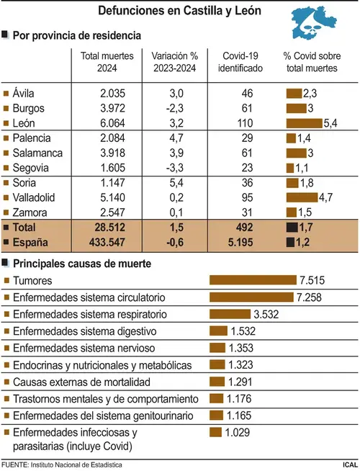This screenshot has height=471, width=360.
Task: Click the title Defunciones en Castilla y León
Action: point(179,11)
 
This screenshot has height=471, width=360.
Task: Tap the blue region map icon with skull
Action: point(313,23)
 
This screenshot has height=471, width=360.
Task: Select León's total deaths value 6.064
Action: point(112,123)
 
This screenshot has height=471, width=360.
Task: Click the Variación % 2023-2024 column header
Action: point(175,62)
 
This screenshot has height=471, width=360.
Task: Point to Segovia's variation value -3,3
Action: point(175,168)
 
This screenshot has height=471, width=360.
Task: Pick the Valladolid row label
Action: point(34,197)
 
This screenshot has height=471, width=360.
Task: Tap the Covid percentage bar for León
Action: point(304,123)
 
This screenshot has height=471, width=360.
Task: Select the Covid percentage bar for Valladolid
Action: point(302,197)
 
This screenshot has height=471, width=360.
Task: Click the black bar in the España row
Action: point(290,242)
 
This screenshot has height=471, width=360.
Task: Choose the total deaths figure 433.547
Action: point(107,242)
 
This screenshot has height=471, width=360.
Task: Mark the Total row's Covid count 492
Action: point(244,228)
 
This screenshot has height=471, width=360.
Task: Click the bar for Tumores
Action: point(253,280)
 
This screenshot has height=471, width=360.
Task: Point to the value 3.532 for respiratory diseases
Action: point(266,314)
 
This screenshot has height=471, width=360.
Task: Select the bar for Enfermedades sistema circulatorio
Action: point(251,297)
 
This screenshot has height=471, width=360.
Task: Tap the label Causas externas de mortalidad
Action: point(81,382)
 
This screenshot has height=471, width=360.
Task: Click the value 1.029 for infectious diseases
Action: point(237,432)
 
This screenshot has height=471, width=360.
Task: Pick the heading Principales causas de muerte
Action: point(82,264)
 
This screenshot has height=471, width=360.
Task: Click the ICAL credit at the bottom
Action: point(350,465)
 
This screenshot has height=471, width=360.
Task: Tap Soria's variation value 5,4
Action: point(176,183)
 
